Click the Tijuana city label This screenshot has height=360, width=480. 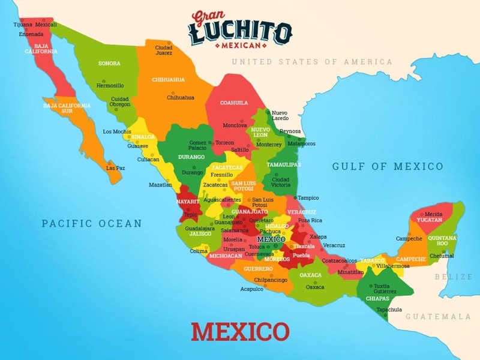tap(23, 25)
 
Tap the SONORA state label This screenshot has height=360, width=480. tap(109, 63)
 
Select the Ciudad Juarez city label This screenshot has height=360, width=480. tap(164, 50)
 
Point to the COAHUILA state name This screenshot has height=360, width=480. tap(233, 103)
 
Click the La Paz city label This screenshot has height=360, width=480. tap(115, 168)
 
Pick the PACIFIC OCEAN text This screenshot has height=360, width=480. tap(92, 224)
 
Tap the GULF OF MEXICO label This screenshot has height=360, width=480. tap(388, 167)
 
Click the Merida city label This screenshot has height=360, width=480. tap(433, 214)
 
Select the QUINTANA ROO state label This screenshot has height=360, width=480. tap(442, 241)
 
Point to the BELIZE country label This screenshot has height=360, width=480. tap(454, 277)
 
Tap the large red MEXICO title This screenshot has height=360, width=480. tap(240, 332)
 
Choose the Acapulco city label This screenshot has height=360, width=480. tap(252, 289)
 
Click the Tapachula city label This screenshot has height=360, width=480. tap(389, 310)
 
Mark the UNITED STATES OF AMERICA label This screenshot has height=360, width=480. tap(312, 62)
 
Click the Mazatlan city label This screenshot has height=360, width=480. tap(160, 185)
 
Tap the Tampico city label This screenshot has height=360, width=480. tap(308, 197)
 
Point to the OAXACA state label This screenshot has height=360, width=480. tap(311, 275)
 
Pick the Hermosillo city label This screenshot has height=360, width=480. tap(110, 85)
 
